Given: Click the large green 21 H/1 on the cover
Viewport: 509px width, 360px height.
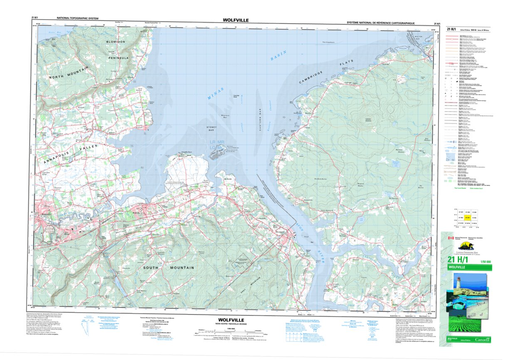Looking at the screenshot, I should (x=457, y=260).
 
